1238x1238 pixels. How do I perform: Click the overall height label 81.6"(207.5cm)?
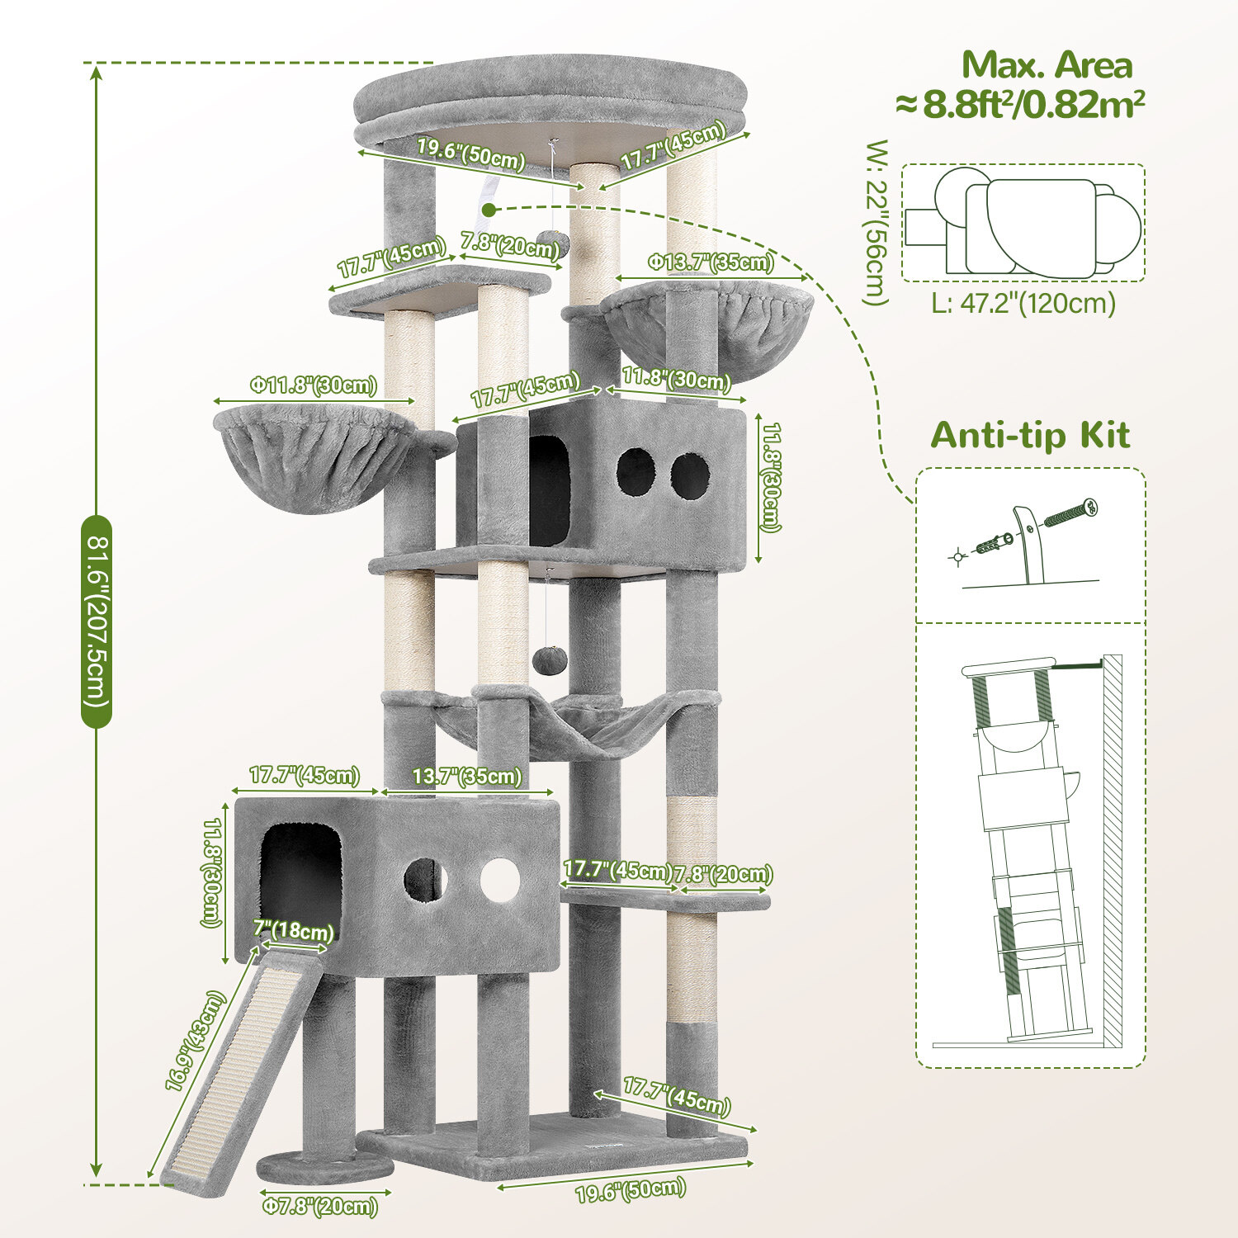point(97,621)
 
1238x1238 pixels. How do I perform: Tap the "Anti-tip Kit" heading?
point(1030,435)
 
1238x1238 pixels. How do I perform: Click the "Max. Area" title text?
point(1047,65)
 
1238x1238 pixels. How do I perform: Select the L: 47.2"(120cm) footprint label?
point(1023,303)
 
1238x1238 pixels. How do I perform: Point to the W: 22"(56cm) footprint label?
point(877,223)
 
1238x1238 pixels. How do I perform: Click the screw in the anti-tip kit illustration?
point(1071,513)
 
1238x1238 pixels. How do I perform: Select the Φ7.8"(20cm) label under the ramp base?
point(320,1206)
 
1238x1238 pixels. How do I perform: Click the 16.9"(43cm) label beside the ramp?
point(194,1042)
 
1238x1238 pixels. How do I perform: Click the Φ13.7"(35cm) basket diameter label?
point(711,262)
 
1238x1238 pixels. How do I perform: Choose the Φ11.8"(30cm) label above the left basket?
point(314,385)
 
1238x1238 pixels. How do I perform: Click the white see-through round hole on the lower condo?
point(501,880)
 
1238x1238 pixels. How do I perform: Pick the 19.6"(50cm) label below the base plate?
point(631,1190)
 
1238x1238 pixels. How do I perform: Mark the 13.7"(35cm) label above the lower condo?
point(467,777)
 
